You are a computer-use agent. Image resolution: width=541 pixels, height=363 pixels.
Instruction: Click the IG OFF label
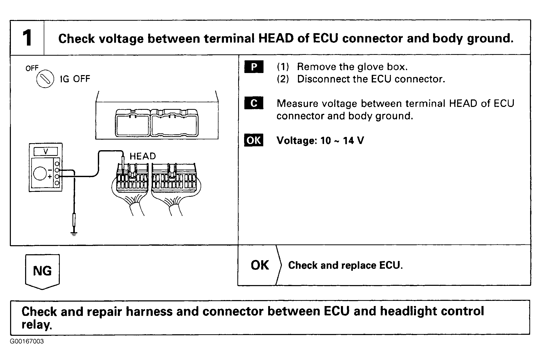click(75, 79)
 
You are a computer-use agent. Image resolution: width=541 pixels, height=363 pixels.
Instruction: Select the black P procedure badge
click(254, 67)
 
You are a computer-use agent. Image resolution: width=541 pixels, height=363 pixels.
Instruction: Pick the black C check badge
click(254, 103)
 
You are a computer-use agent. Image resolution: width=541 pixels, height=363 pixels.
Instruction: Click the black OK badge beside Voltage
click(254, 140)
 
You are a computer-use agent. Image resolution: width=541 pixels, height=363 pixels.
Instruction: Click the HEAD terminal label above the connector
click(143, 156)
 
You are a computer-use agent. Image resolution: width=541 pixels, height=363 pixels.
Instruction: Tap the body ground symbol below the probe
click(74, 234)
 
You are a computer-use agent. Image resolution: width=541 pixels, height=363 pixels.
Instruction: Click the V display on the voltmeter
click(46, 151)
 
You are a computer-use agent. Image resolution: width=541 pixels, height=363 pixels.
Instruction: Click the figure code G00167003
click(27, 341)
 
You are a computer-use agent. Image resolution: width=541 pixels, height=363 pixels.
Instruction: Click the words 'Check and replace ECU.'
click(346, 265)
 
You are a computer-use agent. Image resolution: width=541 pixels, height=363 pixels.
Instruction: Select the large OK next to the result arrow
click(260, 265)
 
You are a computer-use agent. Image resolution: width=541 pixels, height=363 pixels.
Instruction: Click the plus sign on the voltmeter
click(50, 177)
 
